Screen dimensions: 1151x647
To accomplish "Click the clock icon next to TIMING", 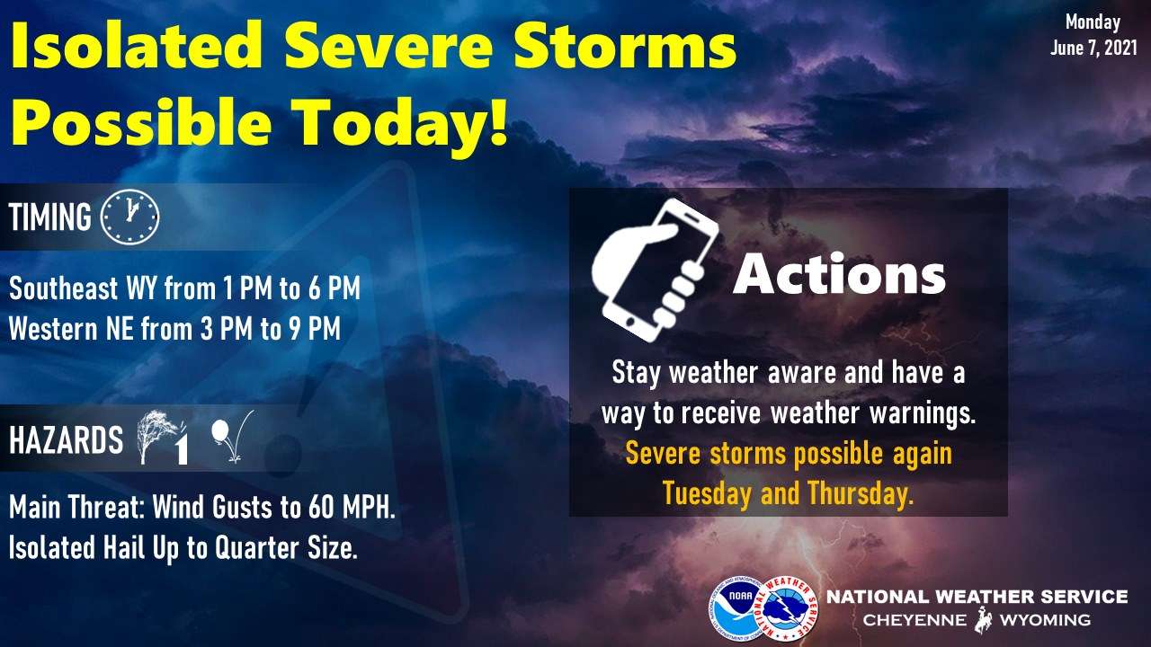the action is tap(129, 217).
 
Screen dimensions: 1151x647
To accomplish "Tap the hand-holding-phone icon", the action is tap(656, 270).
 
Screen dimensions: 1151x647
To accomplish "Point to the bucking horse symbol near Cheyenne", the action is tap(983, 620).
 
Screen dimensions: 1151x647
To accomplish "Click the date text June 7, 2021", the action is tap(1093, 48).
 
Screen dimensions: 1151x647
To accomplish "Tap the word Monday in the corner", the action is tap(1093, 22).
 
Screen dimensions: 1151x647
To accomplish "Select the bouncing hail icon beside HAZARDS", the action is tap(232, 437).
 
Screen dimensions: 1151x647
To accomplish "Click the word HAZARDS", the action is tap(67, 440).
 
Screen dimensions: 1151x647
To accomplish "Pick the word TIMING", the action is tap(49, 217).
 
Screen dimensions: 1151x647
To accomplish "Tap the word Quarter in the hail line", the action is tap(256, 547).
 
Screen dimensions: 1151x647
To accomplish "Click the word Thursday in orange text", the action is tap(861, 493).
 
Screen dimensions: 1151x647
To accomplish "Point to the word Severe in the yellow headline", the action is tap(388, 45).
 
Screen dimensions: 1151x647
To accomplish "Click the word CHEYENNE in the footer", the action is tap(915, 620).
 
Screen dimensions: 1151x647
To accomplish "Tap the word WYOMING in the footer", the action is tap(1045, 620).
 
